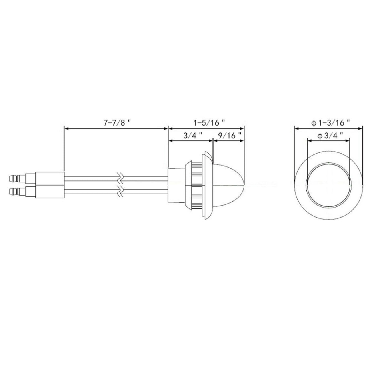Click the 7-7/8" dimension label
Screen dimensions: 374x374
pos(117,123)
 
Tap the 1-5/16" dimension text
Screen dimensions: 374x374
pos(209,123)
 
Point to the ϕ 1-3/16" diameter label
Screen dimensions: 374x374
pos(331,123)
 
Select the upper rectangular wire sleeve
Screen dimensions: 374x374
pos(50,178)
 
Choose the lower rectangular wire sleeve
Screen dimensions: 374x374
pos(50,192)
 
